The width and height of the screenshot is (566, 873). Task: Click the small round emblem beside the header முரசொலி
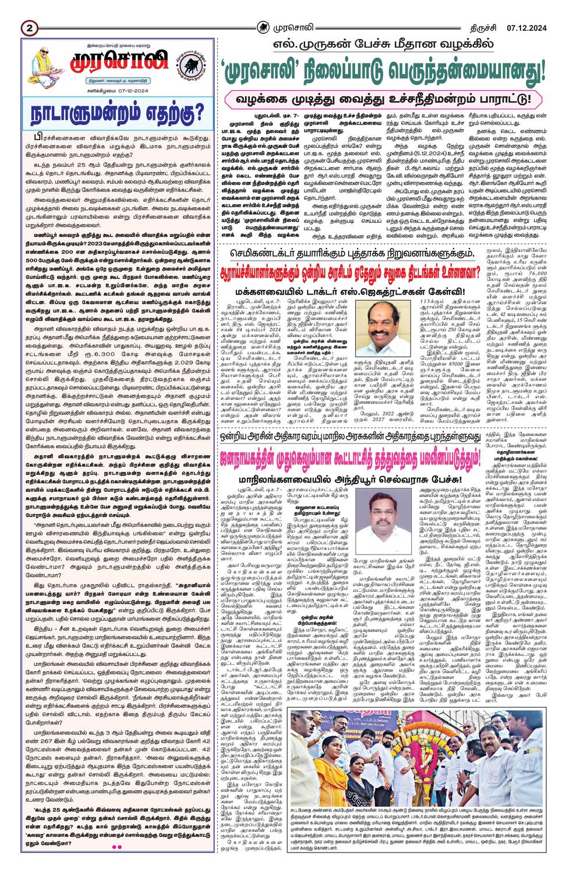coord(264,27)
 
